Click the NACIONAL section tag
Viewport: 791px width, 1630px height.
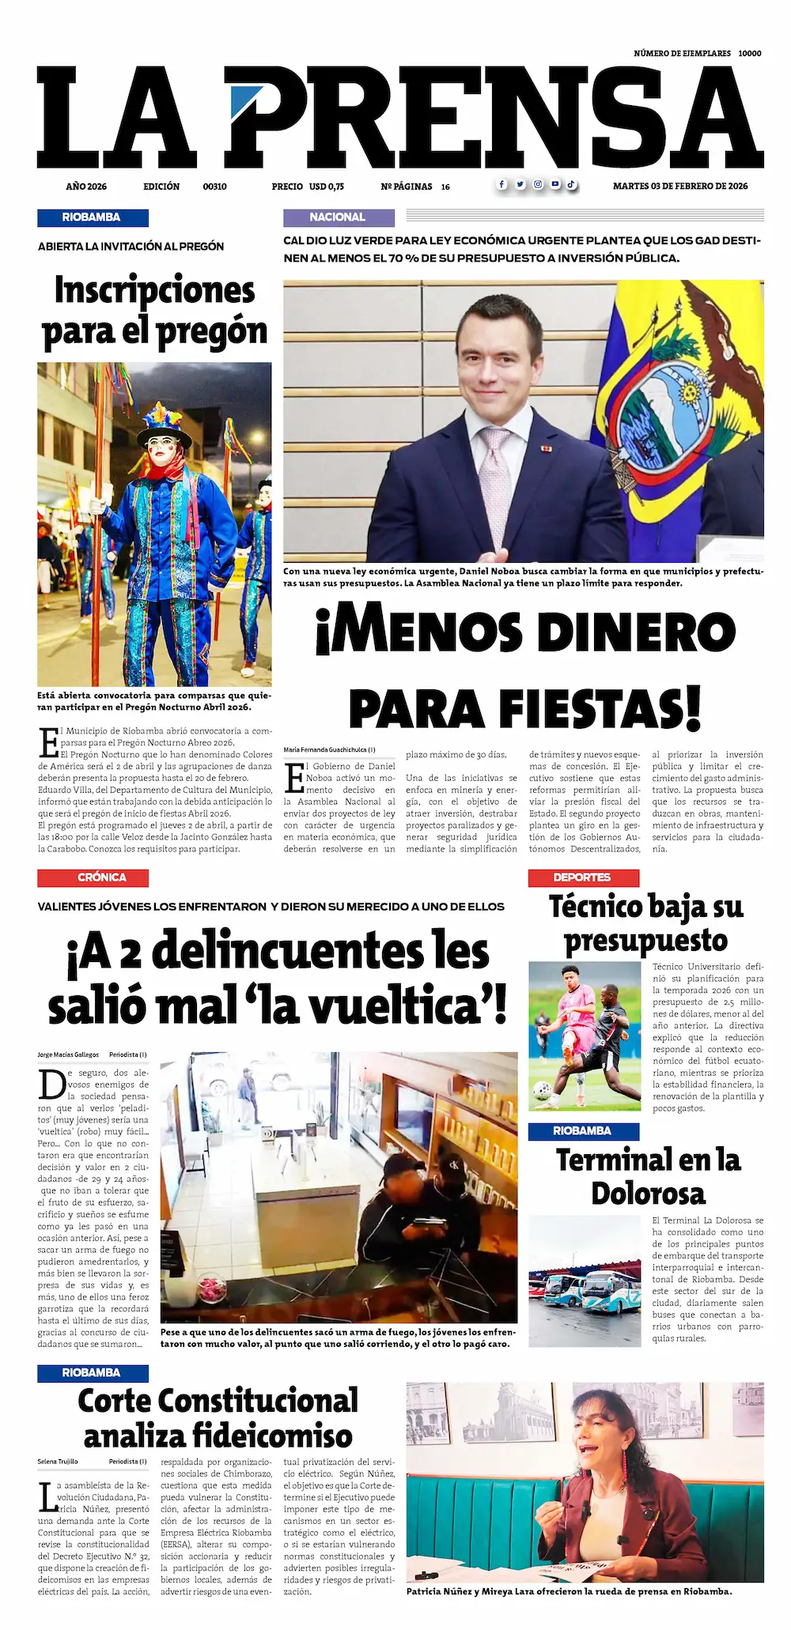coord(338,217)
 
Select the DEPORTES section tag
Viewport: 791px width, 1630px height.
coord(582,877)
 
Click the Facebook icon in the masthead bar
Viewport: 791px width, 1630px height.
coord(501,184)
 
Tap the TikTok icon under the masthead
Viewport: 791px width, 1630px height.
coord(570,184)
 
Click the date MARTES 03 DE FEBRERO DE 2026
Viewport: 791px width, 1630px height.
coord(680,187)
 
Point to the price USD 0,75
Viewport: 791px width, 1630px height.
coord(326,187)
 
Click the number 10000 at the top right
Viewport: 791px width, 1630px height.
coord(749,53)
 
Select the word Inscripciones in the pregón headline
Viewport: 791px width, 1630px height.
coord(155,290)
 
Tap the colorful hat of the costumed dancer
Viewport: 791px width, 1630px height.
coord(164,421)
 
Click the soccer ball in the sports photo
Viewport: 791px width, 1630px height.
coord(541,1090)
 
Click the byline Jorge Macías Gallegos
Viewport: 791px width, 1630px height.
coord(68,1055)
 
